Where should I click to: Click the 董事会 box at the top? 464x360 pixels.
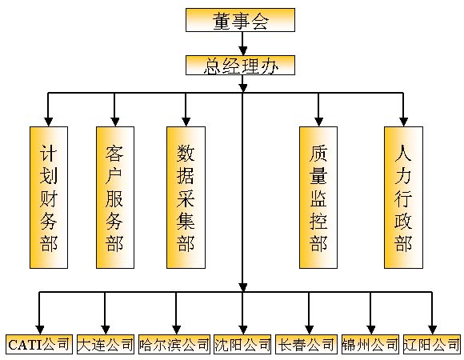point(240,20)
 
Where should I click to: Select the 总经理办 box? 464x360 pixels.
point(240,65)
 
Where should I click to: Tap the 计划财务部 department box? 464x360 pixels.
point(49,198)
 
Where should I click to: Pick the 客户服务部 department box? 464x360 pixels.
point(115,198)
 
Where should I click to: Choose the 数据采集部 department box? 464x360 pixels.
point(186,198)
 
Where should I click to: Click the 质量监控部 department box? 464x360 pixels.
point(318,198)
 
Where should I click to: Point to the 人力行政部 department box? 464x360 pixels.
point(404,198)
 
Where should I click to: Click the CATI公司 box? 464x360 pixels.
point(39,344)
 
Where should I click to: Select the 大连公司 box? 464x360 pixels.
point(106,344)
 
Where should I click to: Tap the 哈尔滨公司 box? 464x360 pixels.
point(174,344)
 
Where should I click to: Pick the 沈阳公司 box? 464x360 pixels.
point(242,344)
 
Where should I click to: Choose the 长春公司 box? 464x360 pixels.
point(306,344)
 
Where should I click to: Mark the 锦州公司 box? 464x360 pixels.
point(370,344)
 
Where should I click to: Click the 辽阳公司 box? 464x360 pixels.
point(432,344)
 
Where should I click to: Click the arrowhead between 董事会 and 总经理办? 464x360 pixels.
point(243,50)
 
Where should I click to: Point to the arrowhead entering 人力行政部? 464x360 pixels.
point(403,122)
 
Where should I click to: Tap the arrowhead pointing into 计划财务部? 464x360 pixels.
point(49,122)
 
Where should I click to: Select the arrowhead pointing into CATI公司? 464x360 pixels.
point(40,330)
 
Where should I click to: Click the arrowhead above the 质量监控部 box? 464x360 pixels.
point(318,122)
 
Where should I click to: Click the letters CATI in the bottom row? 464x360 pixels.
point(26,345)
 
